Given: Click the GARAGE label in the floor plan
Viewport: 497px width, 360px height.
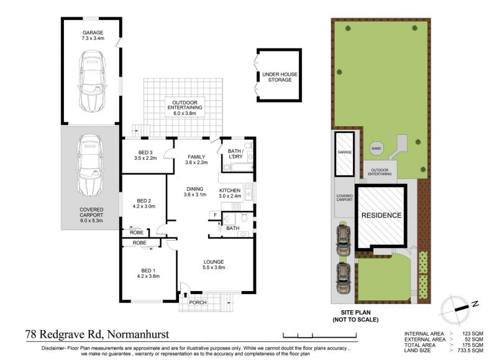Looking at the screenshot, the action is (93, 32).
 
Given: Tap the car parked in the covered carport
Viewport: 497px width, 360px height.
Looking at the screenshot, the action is (90, 165).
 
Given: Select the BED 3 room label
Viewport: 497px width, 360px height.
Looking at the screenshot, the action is (145, 152).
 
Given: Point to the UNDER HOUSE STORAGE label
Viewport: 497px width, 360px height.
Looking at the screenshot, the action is (280, 77).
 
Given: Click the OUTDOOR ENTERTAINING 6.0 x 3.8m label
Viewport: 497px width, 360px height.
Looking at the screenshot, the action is (185, 108).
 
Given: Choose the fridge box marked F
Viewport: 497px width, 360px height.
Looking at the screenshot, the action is (215, 215).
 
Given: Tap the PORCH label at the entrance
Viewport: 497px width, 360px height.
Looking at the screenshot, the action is (198, 303).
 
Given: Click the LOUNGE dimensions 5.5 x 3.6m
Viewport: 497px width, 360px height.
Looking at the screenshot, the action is (214, 267).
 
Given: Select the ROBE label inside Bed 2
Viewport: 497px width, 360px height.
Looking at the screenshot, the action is (137, 233).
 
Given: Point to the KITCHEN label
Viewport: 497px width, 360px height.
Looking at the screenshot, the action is (230, 190).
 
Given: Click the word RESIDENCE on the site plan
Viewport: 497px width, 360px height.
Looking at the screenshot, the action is (381, 215).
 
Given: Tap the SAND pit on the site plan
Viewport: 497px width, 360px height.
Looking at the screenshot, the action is (376, 149).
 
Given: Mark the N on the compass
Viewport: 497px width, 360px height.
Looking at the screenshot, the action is (475, 304).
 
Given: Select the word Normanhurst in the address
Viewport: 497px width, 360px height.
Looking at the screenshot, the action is (138, 334).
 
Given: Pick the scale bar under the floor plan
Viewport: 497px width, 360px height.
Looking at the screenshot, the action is (320, 335).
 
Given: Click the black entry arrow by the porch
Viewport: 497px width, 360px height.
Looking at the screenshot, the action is (185, 295).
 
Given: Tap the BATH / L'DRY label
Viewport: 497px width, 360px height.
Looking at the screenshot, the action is (235, 154).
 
